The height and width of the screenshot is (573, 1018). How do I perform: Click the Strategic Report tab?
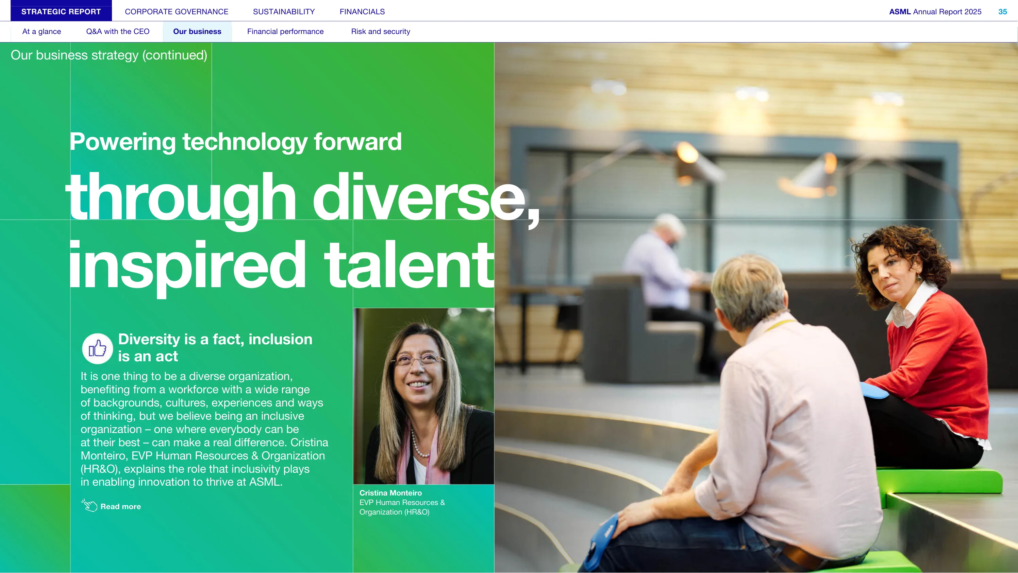tap(61, 12)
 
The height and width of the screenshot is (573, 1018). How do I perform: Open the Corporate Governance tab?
tap(177, 12)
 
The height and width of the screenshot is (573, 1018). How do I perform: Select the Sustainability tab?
tap(284, 12)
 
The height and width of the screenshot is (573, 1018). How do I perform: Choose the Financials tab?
tap(362, 12)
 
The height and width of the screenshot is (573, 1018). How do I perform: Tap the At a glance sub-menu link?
tap(41, 32)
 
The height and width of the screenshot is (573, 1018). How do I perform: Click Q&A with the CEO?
tap(118, 32)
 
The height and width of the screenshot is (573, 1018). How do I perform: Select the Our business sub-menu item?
tap(197, 32)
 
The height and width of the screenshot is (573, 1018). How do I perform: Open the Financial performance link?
tap(285, 32)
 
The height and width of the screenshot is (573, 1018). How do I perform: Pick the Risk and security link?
tap(381, 32)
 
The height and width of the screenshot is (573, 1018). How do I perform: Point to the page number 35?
tap(1003, 12)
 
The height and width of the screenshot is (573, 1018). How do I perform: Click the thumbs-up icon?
tap(97, 349)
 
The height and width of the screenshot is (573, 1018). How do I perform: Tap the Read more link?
tap(120, 507)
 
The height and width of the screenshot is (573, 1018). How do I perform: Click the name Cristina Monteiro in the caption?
tap(390, 493)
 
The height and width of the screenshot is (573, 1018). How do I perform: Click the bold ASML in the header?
tap(900, 12)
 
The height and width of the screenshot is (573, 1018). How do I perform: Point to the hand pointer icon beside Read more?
tap(89, 505)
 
